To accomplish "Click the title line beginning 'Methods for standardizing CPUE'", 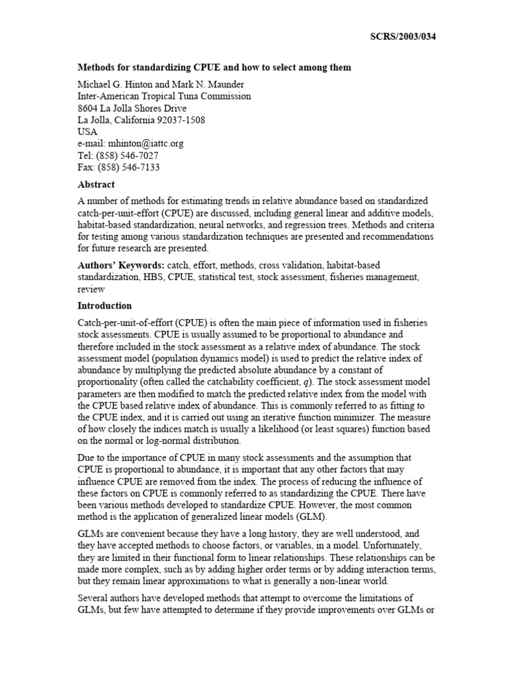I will click(214, 68).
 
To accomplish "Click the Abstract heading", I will click(96, 185).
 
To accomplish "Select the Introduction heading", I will click(105, 306).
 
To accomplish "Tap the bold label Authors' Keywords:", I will click(121, 266).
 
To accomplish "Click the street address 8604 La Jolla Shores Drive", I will click(132, 108).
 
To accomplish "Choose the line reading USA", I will click(88, 132).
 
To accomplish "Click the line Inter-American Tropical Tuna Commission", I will click(164, 96).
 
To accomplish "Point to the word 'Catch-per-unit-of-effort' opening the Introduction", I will click(126, 322).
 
